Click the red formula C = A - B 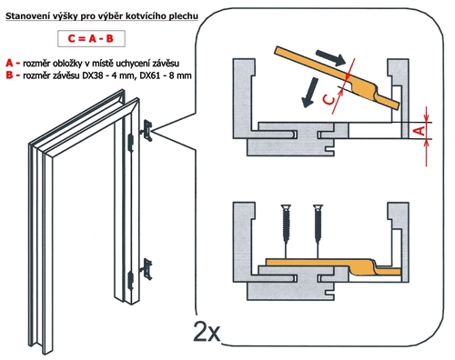tap(91, 38)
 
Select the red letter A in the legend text tap(10, 63)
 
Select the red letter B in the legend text tap(9, 75)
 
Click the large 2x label tap(207, 331)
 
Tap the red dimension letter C tap(329, 99)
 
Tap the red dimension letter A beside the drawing tap(420, 131)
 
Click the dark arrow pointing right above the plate tap(330, 57)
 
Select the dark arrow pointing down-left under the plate tap(309, 92)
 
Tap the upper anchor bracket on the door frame tap(147, 131)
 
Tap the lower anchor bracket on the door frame tap(147, 269)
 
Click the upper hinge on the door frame tap(131, 143)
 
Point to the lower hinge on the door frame tap(131, 280)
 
